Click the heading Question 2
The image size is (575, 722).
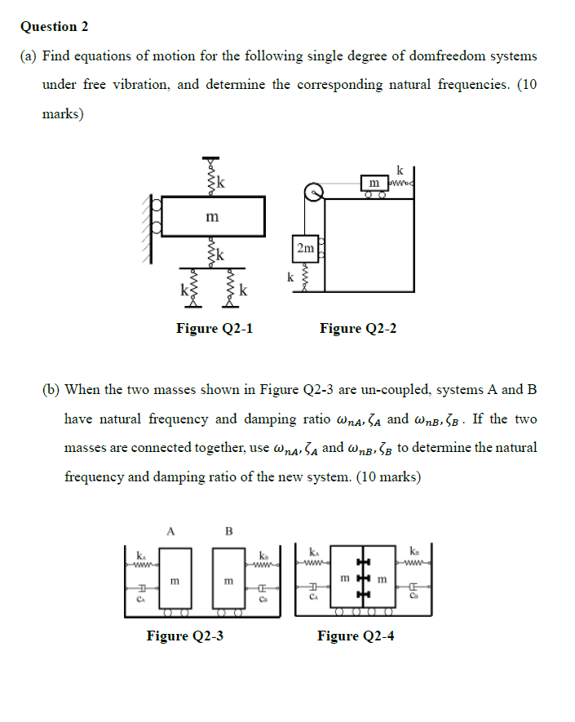click(x=55, y=26)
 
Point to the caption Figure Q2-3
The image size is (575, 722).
click(x=184, y=636)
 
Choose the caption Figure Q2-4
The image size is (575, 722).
click(x=356, y=636)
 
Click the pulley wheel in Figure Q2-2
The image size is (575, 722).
click(x=314, y=193)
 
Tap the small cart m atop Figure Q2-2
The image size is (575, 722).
click(x=374, y=180)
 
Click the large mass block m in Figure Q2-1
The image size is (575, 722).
click(x=213, y=217)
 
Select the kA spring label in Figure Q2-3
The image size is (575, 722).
click(x=141, y=555)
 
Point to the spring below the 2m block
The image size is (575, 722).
click(x=305, y=279)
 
